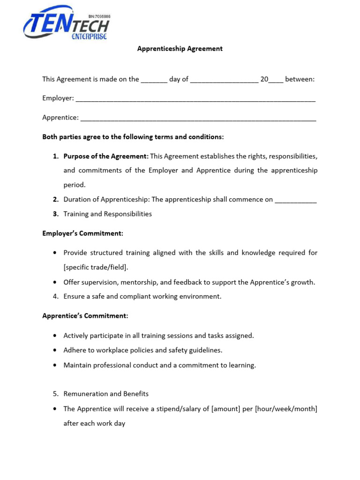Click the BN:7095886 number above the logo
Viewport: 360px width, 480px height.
(99, 16)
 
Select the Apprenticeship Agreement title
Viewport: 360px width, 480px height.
(180, 49)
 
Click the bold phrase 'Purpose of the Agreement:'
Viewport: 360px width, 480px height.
(106, 156)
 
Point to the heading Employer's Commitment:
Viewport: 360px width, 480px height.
(82, 233)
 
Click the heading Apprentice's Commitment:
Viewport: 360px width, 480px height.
(85, 316)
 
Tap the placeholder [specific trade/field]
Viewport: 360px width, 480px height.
(96, 268)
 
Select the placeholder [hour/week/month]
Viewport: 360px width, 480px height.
(286, 409)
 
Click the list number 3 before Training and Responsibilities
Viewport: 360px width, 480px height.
(55, 214)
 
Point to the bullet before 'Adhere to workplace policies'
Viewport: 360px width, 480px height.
(55, 350)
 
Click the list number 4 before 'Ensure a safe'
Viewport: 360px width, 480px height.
(55, 296)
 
